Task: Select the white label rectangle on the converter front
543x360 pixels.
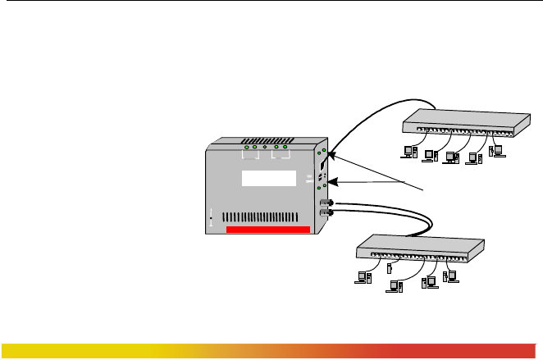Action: point(267,180)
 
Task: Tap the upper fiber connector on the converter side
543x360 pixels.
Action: point(324,202)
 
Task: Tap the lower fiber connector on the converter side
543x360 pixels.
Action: point(324,213)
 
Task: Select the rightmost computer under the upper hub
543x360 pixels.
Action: point(495,151)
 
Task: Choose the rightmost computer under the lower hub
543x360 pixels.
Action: point(449,277)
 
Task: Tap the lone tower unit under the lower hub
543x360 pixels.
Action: point(390,267)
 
